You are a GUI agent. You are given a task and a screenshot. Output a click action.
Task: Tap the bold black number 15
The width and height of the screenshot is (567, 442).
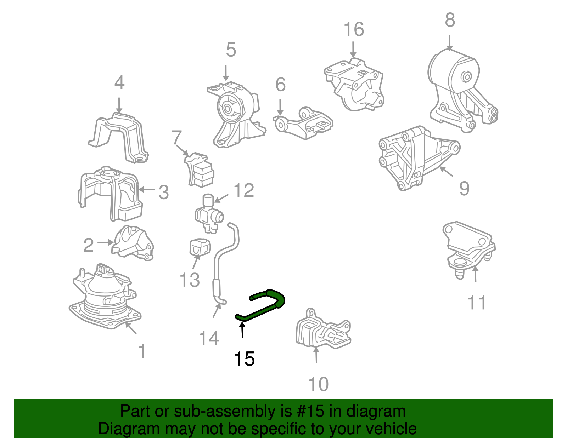[244, 358]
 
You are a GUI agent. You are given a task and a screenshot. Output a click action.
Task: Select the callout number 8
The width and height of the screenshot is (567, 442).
[450, 20]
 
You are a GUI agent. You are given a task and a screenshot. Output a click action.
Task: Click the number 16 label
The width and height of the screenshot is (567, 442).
[354, 29]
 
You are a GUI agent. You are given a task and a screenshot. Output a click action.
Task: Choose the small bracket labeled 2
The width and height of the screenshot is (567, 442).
[133, 243]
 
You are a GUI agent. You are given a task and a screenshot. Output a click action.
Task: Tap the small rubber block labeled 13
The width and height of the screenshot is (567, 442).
[200, 247]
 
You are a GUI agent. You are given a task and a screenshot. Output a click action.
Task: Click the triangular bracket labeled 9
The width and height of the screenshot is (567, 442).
[419, 157]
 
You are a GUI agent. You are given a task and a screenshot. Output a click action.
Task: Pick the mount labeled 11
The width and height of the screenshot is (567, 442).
[469, 249]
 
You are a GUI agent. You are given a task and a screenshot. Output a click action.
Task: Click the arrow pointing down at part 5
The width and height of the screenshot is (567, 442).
[226, 73]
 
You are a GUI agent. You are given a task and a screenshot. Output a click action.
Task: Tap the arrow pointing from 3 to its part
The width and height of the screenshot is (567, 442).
[146, 189]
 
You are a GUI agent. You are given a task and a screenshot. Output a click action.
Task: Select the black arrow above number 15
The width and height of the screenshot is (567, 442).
[242, 330]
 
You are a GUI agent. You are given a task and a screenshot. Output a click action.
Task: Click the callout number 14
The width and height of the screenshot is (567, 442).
[209, 338]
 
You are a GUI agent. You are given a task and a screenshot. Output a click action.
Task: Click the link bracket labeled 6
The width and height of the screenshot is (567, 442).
[303, 123]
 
